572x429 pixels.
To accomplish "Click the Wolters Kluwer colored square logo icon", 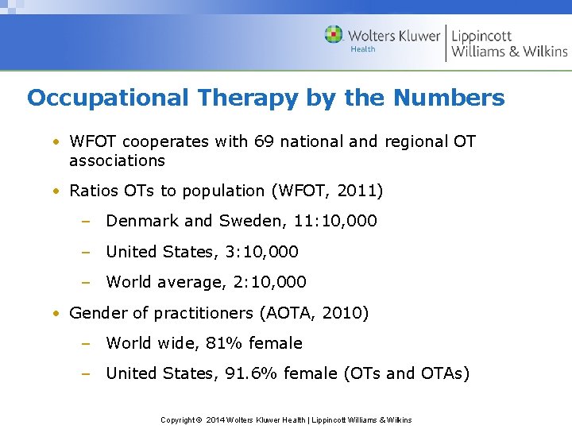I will pos(334,35).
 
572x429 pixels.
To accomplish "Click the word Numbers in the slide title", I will pos(449,98).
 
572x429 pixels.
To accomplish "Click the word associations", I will pos(117,160).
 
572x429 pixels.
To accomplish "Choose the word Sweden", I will pos(245,221).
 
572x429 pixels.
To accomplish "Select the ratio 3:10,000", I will pos(261,252).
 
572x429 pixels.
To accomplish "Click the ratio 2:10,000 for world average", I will pos(269,282).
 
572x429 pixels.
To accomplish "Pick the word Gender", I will pos(95,313).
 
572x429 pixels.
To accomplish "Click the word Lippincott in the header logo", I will pos(481,36).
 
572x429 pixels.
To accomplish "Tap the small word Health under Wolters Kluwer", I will pos(363,49).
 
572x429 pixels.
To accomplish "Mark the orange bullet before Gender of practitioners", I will pos(57,313).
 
